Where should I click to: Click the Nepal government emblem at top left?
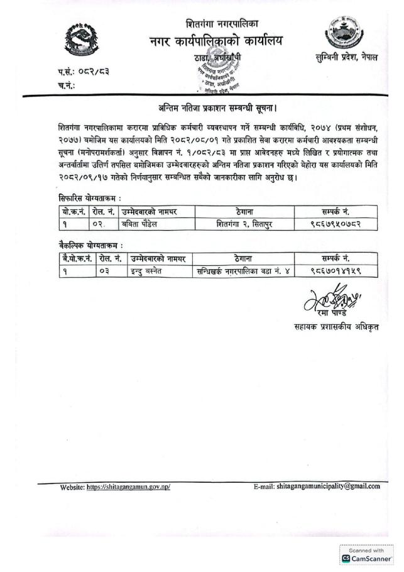coord(82,41)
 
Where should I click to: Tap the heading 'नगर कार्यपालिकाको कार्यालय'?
coord(216,42)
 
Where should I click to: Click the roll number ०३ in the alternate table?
coord(104,271)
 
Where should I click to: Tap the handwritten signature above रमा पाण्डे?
coord(332,296)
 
